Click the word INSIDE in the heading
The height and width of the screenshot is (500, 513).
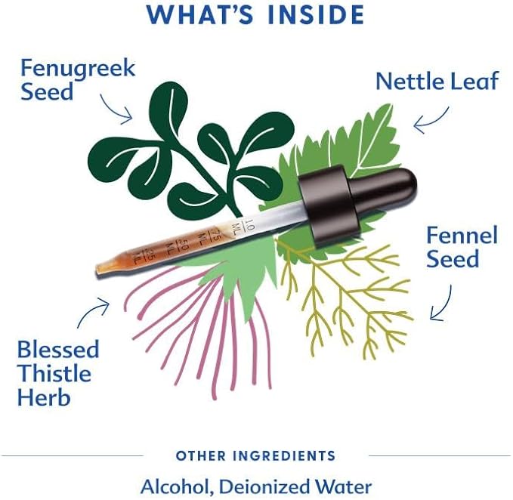tap(316, 14)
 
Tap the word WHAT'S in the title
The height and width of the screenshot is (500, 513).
tap(200, 14)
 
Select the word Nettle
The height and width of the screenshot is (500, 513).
tap(409, 81)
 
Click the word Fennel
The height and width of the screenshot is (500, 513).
tap(462, 235)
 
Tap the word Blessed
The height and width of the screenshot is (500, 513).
tap(58, 349)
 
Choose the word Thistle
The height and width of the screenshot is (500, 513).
tap(54, 373)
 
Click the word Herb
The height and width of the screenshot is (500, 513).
tap(44, 397)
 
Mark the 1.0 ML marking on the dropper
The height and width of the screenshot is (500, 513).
tap(243, 226)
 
